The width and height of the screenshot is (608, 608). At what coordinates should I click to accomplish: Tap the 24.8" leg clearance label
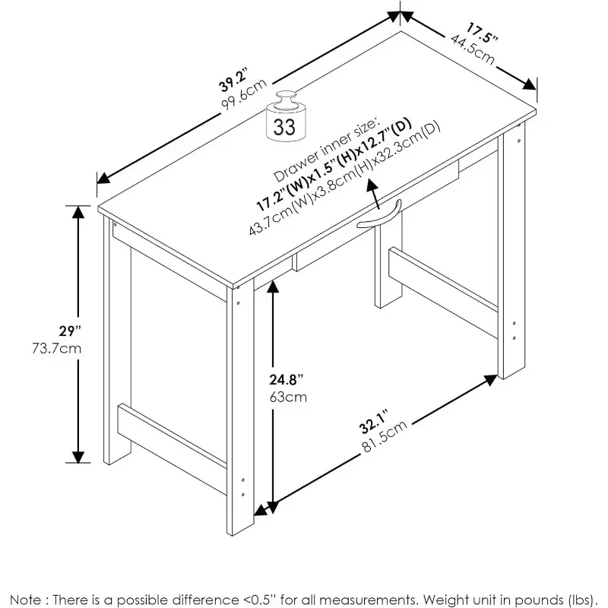pos(288,379)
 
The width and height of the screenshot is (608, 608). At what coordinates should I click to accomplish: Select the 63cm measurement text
pos(288,396)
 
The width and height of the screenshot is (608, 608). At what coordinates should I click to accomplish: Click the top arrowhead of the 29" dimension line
pos(77,212)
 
